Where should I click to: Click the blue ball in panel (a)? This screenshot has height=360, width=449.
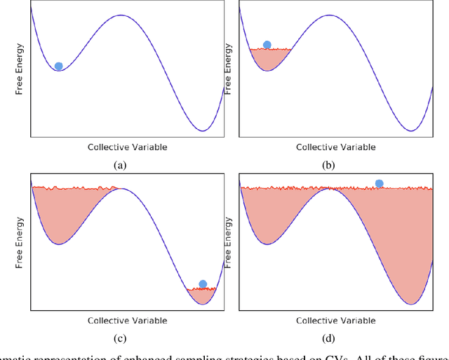point(58,66)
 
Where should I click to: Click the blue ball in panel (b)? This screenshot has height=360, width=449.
point(267,45)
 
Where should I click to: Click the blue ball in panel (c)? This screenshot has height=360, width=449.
point(203,284)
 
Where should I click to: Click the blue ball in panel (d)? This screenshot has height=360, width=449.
point(379,183)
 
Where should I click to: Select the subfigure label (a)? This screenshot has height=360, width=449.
point(120,166)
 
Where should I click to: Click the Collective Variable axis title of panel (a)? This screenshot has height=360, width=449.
point(127,147)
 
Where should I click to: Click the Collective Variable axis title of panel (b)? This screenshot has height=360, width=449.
point(335,147)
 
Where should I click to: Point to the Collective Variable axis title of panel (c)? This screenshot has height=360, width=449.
point(127,321)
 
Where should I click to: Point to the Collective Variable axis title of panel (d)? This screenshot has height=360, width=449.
point(335,321)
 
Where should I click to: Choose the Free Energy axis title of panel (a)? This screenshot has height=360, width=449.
point(21,69)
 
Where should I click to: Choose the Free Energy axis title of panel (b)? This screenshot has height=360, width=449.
point(229,69)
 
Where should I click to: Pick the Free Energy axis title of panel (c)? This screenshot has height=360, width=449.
point(21,243)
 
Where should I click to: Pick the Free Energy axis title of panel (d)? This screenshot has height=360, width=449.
point(229,243)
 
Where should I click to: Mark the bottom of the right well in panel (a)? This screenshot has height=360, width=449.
point(202,131)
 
